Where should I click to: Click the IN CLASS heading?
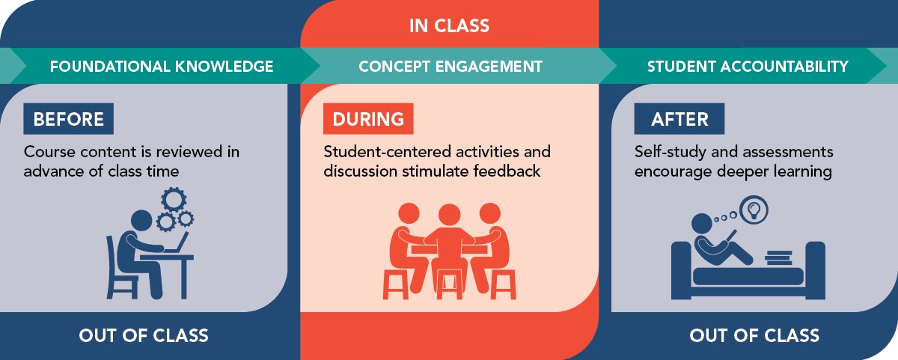450,25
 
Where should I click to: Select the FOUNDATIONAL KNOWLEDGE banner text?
162,66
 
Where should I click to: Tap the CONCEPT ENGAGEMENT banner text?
450,66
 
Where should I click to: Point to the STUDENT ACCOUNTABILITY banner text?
748,66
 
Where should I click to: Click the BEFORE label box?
69,119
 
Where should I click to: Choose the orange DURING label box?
368,119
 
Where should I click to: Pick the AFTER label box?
679,119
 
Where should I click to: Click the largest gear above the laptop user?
174,199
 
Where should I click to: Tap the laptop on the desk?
177,243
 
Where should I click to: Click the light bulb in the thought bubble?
754,210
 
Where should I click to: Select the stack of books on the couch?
778,257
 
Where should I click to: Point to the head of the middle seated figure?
450,215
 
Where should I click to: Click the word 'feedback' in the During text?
507,171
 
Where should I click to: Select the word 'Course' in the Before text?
49,152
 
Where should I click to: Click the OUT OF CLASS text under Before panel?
144,335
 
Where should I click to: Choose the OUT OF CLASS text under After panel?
754,335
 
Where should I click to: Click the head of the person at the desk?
142,221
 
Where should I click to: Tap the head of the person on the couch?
702,224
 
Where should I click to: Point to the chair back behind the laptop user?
110,257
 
